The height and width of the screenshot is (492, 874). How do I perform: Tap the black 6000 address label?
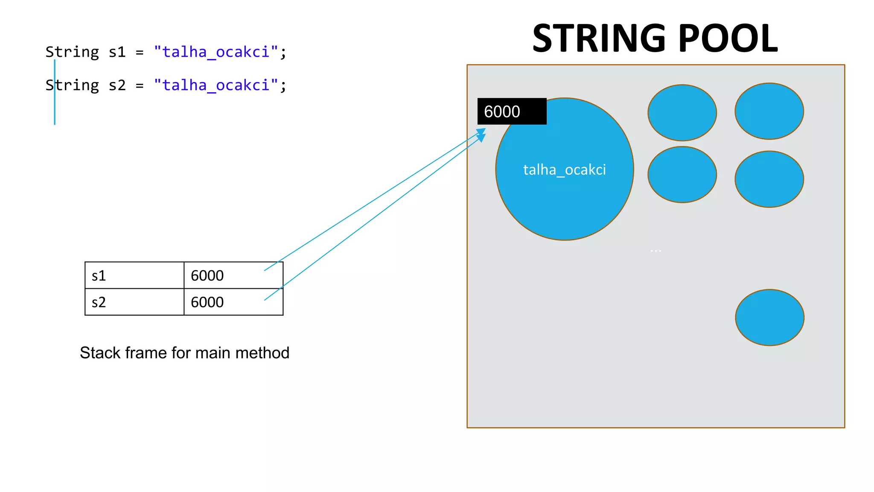click(x=511, y=111)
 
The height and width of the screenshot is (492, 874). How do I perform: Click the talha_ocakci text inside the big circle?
click(x=564, y=170)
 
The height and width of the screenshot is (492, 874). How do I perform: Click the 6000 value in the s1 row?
click(x=207, y=276)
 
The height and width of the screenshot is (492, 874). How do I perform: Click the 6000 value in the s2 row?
click(x=207, y=302)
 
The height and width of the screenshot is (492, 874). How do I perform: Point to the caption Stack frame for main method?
click(x=184, y=353)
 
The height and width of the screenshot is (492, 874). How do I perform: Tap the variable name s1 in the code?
click(x=117, y=52)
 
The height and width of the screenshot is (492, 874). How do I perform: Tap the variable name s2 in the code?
click(x=117, y=85)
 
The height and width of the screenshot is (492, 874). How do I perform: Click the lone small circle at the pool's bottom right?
click(x=769, y=317)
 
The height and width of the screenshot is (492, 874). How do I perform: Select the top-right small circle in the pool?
click(x=769, y=111)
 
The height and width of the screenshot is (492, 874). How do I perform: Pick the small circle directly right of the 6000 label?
click(x=682, y=113)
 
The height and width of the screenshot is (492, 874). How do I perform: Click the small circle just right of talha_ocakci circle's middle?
click(x=682, y=174)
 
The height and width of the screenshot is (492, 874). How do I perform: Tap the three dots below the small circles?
click(x=656, y=251)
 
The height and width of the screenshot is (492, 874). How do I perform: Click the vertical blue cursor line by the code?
click(x=55, y=107)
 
